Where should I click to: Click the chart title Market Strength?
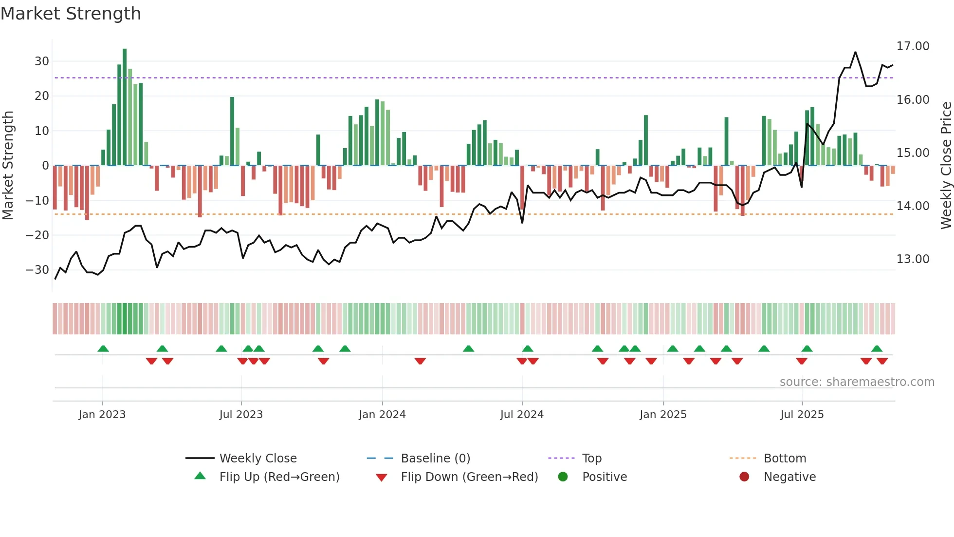point(71,14)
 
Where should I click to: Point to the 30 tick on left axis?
point(42,61)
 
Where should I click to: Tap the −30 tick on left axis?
point(38,270)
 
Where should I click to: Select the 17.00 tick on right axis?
point(913,46)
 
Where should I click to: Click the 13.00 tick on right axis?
point(913,259)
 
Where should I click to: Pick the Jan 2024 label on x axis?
point(382,415)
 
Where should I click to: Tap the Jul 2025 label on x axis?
point(802,415)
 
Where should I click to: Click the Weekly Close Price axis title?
point(946,166)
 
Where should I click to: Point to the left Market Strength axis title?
point(8,166)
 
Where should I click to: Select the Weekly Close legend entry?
point(257,459)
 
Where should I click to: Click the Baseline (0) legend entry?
point(435,459)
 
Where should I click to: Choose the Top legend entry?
point(591,459)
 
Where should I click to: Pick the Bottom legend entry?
point(785,459)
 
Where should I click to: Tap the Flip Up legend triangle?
point(200,476)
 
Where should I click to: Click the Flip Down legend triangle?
point(382,478)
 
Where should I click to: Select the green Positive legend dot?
point(563,477)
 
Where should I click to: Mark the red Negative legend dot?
point(744,477)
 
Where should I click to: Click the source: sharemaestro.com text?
point(857,382)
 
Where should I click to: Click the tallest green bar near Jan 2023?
point(125,107)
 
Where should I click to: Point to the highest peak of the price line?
point(855,52)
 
